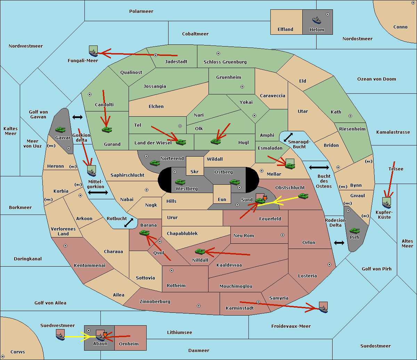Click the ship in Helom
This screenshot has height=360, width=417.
317,20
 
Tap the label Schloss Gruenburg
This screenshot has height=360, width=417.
225,62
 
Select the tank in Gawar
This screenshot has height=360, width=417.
60,129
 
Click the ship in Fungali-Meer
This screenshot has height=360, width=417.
93,53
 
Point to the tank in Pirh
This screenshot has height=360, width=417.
354,231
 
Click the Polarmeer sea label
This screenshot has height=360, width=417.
141,11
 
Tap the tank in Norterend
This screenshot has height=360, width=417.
155,163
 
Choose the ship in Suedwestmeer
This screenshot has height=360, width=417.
60,337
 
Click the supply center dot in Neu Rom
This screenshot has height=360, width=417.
283,235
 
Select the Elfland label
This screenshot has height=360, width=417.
285,30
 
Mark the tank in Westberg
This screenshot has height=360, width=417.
180,182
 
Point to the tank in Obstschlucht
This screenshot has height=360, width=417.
303,196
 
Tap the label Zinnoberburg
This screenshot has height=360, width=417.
155,302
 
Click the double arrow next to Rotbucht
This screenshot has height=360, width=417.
129,223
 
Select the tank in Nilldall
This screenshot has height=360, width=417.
200,252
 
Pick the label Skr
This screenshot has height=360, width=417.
195,171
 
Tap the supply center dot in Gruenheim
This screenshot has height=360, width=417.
242,87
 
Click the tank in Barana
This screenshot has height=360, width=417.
145,233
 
